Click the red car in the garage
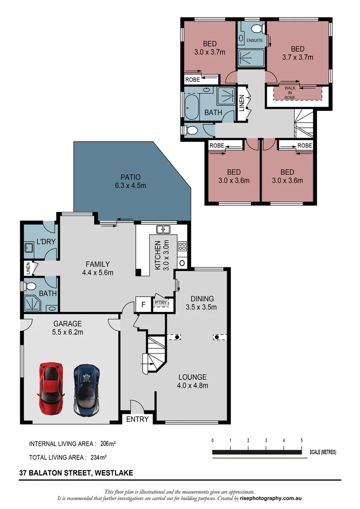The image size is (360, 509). pyautogui.click(x=51, y=387)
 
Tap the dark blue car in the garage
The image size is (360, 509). pyautogui.click(x=86, y=388)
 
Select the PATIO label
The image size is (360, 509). pyautogui.click(x=131, y=181)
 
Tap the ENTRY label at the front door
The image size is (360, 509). pyautogui.click(x=138, y=419)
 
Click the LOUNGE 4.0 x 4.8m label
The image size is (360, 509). pyautogui.click(x=192, y=381)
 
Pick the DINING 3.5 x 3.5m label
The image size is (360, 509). pyautogui.click(x=202, y=303)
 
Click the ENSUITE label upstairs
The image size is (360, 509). pyautogui.click(x=254, y=41)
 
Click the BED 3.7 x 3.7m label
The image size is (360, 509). pyautogui.click(x=297, y=53)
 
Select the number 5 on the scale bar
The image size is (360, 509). pyautogui.click(x=301, y=440)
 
